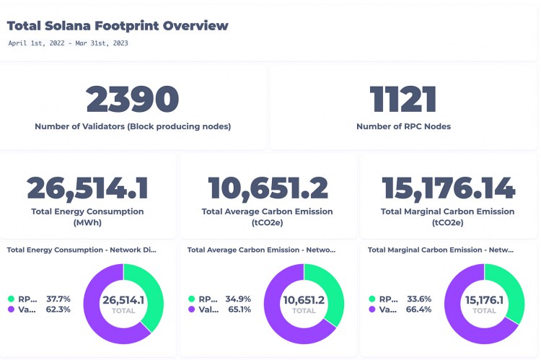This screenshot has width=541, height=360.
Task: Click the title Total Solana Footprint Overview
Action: [118, 26]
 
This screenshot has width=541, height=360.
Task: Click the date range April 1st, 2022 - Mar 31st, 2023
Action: [69, 43]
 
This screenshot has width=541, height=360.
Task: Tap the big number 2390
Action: [133, 100]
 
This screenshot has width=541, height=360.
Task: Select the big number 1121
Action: [403, 100]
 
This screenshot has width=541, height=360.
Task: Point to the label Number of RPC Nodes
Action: [403, 126]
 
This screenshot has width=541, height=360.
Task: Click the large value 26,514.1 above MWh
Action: [88, 188]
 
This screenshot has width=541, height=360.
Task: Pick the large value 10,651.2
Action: [268, 188]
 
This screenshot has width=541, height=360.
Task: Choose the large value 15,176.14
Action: [449, 188]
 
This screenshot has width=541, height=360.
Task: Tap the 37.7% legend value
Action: [58, 298]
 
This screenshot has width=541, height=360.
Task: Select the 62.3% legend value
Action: [58, 309]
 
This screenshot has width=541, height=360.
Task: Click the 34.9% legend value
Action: [239, 298]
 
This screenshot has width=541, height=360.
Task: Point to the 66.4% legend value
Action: [419, 309]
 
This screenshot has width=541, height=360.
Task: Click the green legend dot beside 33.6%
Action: [371, 298]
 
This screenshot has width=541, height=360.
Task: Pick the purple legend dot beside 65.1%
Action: [191, 309]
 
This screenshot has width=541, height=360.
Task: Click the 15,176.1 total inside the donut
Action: [484, 299]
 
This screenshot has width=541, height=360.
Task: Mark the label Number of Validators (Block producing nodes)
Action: [133, 126]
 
